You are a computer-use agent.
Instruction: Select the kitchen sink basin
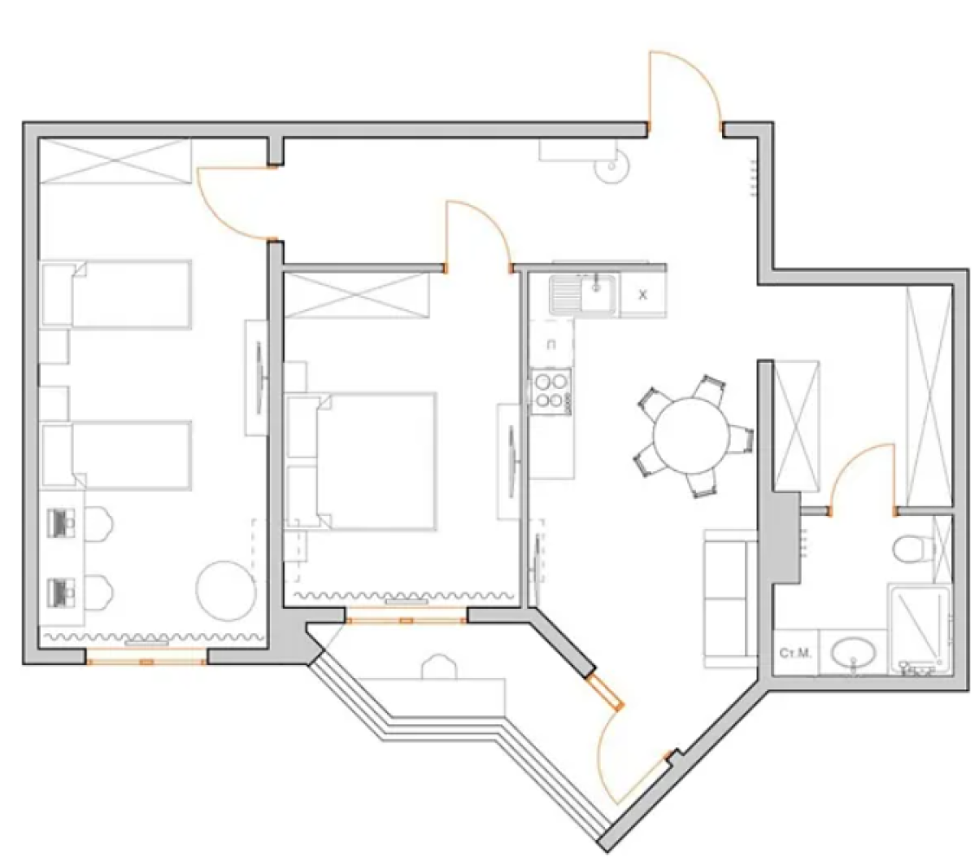point(596,294)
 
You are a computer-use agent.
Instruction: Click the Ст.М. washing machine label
point(795,652)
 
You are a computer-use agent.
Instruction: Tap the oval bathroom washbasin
point(854,650)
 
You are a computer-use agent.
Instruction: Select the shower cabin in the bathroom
point(919,626)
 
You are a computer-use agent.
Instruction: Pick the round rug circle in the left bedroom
point(226,590)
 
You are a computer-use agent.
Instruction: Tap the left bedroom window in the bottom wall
point(147,662)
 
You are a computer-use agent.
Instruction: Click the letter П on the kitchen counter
point(551,345)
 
